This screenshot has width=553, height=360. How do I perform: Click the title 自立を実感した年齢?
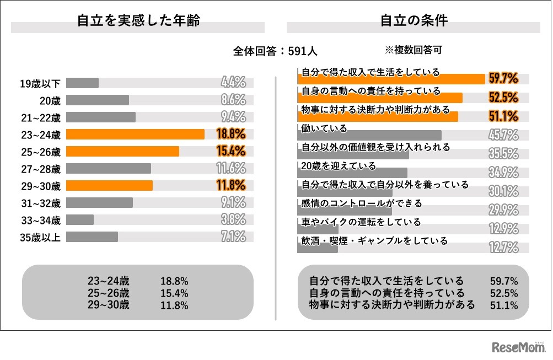pyautogui.click(x=138, y=21)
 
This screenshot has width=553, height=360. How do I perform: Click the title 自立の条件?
pyautogui.click(x=414, y=21)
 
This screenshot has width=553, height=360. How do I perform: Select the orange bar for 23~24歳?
pyautogui.click(x=135, y=134)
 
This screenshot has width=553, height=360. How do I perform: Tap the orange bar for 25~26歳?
pyautogui.click(x=122, y=151)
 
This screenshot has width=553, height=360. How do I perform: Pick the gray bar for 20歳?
pyautogui.click(x=98, y=100)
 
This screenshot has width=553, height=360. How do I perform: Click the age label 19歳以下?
pyautogui.click(x=40, y=83)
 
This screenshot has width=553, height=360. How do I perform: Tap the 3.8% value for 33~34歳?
pyautogui.click(x=233, y=219)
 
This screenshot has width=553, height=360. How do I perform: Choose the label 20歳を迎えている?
pyautogui.click(x=338, y=165)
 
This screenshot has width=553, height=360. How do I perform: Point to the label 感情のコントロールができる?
pyautogui.click(x=361, y=203)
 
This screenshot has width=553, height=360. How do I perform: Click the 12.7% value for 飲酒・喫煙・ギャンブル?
pyautogui.click(x=503, y=247)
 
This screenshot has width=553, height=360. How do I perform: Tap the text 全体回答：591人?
pyautogui.click(x=275, y=51)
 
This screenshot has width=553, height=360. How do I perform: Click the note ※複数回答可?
pyautogui.click(x=413, y=50)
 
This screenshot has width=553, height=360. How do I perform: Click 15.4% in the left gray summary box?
pyautogui.click(x=174, y=293)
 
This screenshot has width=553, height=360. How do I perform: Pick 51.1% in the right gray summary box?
pyautogui.click(x=504, y=305)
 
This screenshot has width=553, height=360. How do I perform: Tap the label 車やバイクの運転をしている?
pyautogui.click(x=360, y=222)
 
